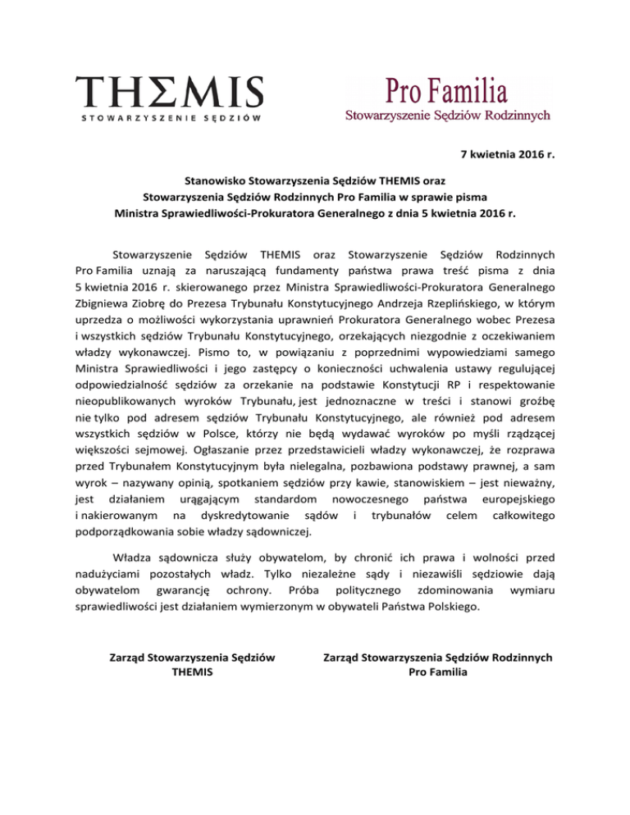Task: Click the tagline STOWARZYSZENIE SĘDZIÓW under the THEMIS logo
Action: [171, 118]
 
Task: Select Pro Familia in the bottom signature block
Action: [438, 672]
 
